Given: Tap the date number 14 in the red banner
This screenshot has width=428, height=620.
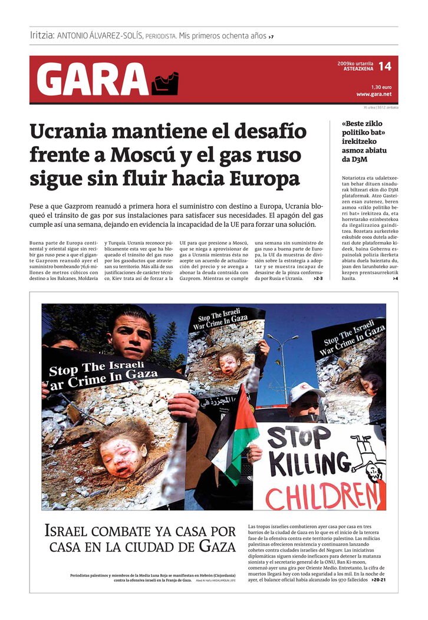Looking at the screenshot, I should [384, 67].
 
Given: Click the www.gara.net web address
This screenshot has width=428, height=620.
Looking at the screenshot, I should [374, 94].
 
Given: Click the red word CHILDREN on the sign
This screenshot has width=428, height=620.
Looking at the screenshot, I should [324, 496].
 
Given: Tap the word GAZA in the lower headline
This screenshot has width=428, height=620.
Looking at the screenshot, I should [217, 546].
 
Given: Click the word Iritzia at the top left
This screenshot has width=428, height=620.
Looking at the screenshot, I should [42, 35].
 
